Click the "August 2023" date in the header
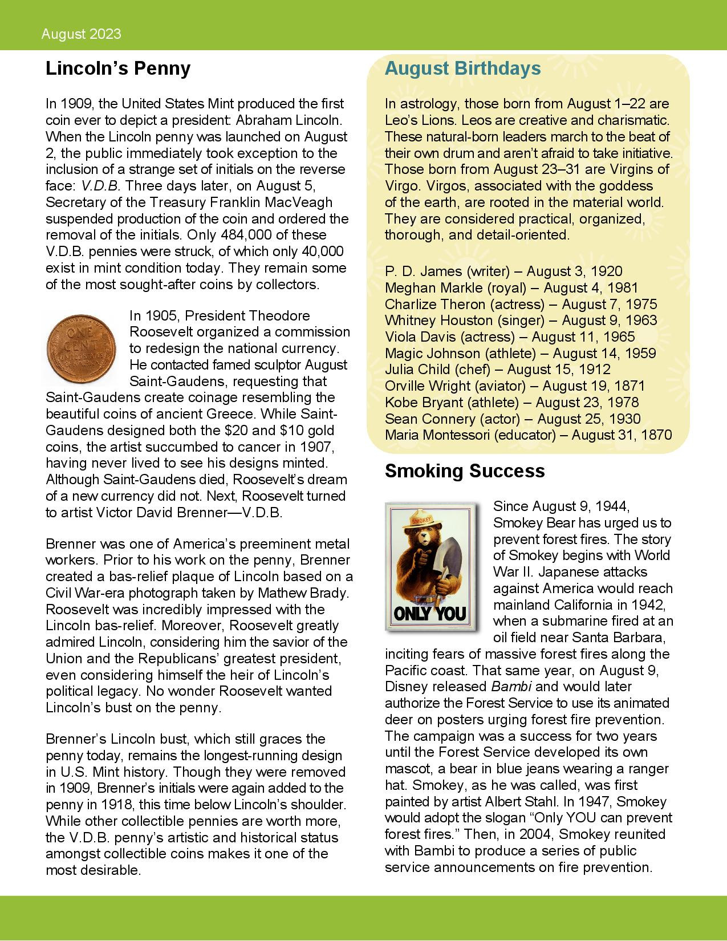click(81, 34)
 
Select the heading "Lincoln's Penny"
click(117, 68)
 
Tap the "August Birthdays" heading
click(462, 68)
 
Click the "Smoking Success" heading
click(464, 471)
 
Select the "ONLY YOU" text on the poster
click(430, 614)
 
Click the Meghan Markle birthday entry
click(511, 288)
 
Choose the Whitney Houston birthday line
click(521, 321)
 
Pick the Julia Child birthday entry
click(497, 370)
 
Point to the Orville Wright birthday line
click(514, 386)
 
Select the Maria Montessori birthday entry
click(528, 435)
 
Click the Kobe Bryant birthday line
click(511, 403)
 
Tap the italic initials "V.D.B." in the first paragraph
click(100, 186)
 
